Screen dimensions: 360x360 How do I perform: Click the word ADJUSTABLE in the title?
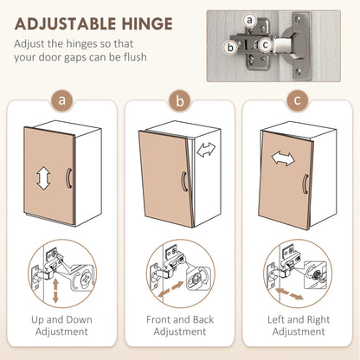(66, 24)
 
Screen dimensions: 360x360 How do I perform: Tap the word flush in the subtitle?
(135, 57)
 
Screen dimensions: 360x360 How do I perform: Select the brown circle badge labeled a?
(61, 100)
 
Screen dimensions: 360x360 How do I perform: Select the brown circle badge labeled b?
(180, 100)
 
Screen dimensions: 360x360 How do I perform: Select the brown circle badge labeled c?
(298, 100)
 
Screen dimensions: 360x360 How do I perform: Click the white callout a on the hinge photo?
(249, 21)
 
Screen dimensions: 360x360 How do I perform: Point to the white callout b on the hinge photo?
(230, 47)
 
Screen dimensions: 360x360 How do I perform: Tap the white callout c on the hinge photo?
(265, 45)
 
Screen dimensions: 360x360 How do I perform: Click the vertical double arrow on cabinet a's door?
(44, 177)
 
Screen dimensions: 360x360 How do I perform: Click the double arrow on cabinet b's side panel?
(206, 150)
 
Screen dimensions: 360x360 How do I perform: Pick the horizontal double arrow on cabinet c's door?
(283, 158)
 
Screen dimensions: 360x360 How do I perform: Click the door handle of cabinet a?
(68, 178)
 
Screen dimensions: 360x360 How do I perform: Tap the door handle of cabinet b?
(183, 182)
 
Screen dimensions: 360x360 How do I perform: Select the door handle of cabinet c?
(305, 185)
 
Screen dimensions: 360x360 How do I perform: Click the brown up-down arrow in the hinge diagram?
(55, 291)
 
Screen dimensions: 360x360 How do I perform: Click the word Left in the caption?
(276, 319)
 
